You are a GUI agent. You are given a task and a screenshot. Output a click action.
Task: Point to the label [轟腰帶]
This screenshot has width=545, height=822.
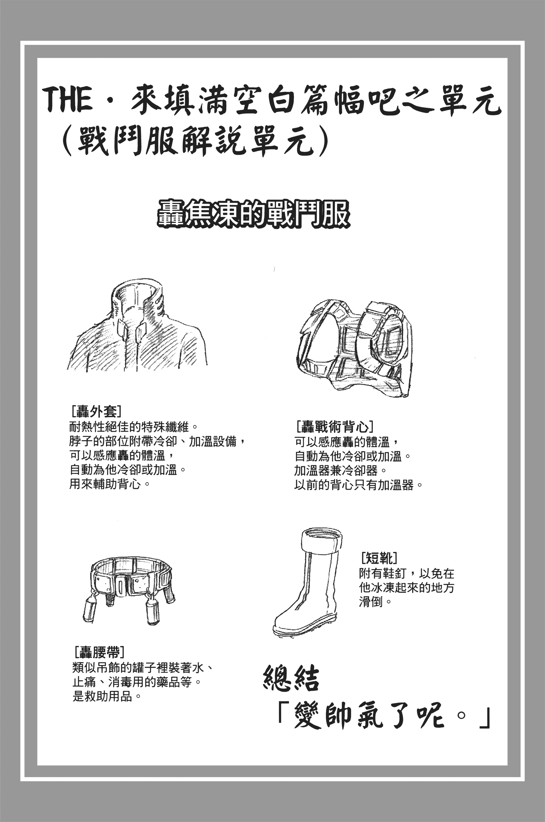tap(99, 652)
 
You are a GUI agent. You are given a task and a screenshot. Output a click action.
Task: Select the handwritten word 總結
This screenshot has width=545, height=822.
tap(291, 678)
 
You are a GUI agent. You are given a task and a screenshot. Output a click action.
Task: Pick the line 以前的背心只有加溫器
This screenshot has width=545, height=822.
tap(358, 485)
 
